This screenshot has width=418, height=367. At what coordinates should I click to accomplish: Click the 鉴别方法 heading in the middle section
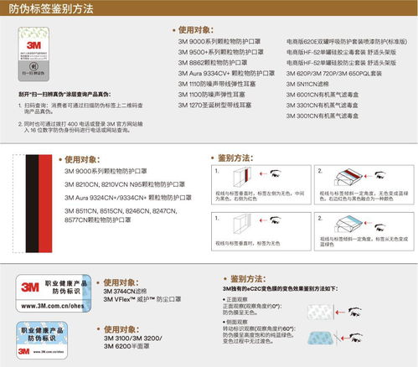click(x=235, y=158)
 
